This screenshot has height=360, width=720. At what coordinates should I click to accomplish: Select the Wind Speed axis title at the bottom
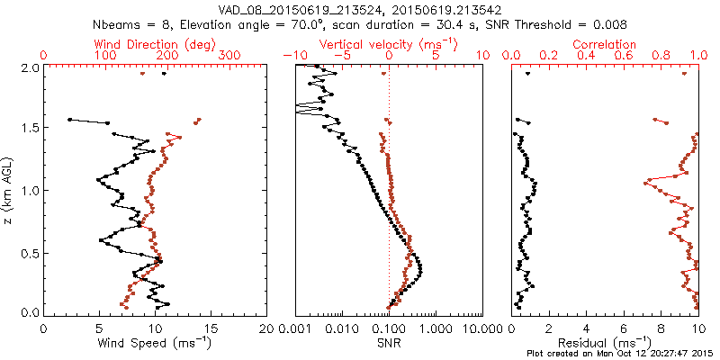point(156,342)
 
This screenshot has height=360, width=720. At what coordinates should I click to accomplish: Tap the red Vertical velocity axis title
point(389,44)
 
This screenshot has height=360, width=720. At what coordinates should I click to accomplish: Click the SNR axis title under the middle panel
point(389,342)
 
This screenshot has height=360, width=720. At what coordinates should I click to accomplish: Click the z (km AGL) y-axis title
point(9,190)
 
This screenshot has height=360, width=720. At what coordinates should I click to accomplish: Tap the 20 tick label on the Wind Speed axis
point(267,329)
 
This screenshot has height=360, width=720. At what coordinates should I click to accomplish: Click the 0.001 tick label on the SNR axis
point(296,329)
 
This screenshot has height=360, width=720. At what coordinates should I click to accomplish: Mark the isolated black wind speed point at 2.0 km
point(164,74)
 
